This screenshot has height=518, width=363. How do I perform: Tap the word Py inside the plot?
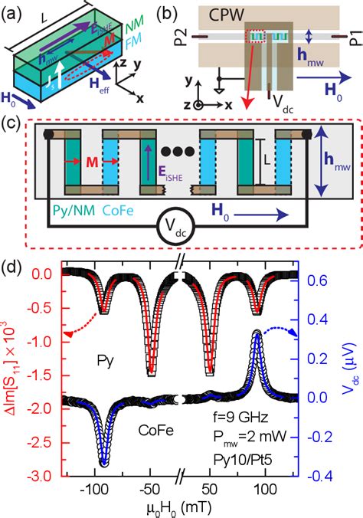coord(110,358)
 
